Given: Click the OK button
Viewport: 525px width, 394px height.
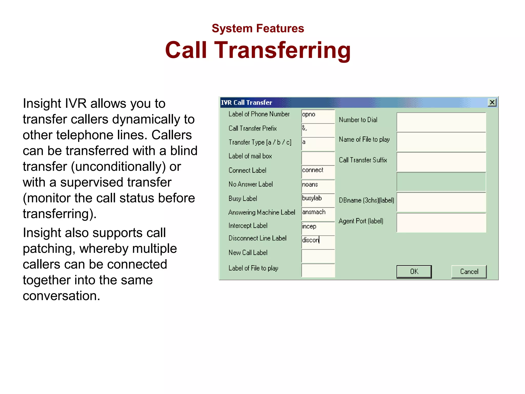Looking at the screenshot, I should (x=414, y=271).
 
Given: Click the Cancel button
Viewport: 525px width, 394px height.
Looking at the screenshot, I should (x=469, y=271).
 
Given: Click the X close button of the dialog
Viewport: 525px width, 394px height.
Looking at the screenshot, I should (x=492, y=103).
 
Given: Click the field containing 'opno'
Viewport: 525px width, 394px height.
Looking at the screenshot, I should (x=318, y=116).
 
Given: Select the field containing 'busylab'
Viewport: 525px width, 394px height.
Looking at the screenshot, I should (x=318, y=200).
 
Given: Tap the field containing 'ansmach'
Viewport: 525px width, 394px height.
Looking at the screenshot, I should (x=318, y=214).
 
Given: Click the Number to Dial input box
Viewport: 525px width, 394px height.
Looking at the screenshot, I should (x=441, y=122).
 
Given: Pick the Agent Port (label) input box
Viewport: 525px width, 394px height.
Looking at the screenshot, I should (x=441, y=223).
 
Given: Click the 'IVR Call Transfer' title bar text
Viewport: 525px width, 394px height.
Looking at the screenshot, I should (x=247, y=103).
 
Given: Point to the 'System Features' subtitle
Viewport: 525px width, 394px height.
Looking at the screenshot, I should (x=258, y=28).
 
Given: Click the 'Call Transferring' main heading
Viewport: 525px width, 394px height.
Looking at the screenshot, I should (x=258, y=50).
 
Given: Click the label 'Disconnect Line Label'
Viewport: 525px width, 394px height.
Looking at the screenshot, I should (x=257, y=238).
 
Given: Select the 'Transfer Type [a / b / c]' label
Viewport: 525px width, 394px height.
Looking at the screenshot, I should (x=260, y=142).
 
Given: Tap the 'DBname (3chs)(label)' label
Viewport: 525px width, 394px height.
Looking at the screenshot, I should (x=366, y=200).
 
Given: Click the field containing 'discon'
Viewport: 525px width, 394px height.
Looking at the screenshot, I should (x=318, y=242).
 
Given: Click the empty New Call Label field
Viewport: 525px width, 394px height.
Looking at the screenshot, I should (x=318, y=256).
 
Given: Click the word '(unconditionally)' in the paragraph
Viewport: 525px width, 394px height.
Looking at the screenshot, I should (x=118, y=167).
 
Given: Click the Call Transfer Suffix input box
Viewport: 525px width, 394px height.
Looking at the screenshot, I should (x=441, y=162).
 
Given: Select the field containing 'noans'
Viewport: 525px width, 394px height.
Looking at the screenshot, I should (x=318, y=186).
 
